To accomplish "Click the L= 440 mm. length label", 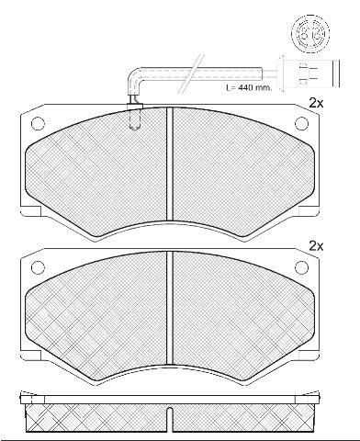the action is [249, 87].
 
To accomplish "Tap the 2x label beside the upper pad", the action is [316, 103].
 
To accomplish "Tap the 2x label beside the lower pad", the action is [316, 246].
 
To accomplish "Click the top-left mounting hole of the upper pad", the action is [38, 124].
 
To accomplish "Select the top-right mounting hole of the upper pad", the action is [302, 124].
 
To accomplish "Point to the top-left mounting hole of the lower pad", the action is [38, 267].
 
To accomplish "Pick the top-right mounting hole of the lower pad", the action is [302, 267].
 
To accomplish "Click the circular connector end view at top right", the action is [310, 33].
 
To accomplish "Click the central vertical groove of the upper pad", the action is [170, 164].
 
